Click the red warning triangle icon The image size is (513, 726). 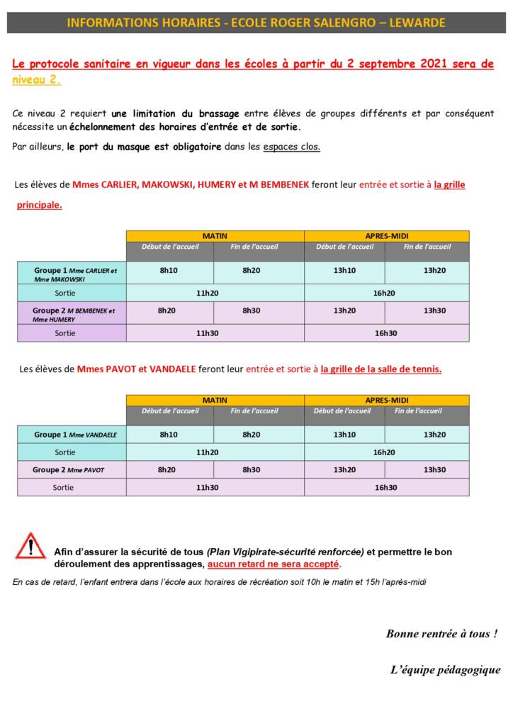[30, 547]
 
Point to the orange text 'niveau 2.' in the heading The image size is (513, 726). [36, 80]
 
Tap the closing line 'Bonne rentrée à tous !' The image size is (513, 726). [441, 634]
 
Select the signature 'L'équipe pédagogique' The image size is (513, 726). [445, 669]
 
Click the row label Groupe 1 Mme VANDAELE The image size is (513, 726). [75, 435]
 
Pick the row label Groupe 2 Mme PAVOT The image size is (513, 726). [68, 469]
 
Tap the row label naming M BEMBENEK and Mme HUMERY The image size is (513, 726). [73, 314]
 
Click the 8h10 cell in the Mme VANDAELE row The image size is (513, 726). [169, 435]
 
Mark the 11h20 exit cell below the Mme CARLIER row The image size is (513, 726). [207, 293]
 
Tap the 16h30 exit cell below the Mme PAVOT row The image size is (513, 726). [385, 487]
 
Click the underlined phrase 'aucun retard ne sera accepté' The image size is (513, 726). [274, 564]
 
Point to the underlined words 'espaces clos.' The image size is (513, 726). [291, 147]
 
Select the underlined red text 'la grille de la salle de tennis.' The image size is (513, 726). [381, 369]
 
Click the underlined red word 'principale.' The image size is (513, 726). [40, 206]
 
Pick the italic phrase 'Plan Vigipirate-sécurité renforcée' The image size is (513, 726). [286, 552]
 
